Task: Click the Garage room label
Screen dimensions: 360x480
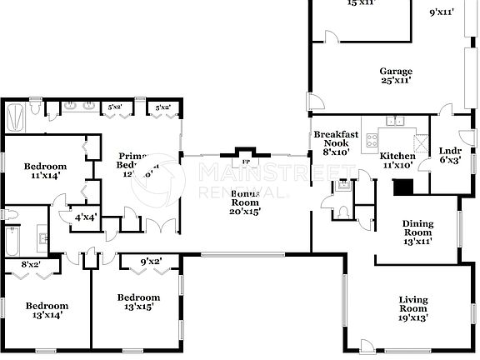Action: tap(397, 72)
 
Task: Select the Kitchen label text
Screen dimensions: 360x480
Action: tap(397, 156)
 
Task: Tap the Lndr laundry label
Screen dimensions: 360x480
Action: tap(450, 150)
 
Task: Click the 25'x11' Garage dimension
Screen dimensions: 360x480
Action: tap(397, 81)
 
